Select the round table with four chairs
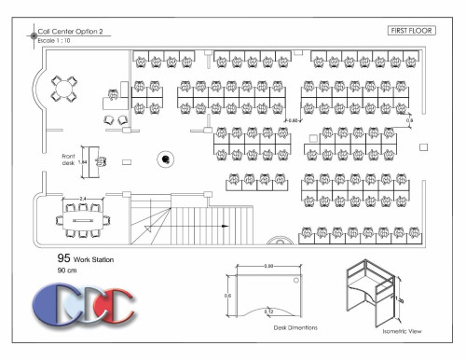click(63, 90)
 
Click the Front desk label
click(68, 159)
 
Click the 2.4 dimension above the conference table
click(83, 199)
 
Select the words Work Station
click(94, 259)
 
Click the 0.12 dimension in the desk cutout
click(269, 309)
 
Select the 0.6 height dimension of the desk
click(226, 296)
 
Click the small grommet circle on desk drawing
click(296, 278)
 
